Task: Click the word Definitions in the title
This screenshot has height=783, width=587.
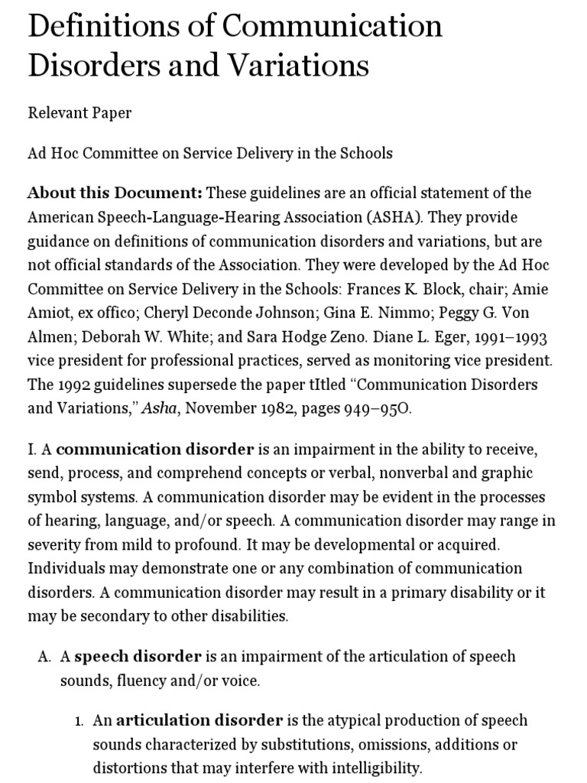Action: point(104,27)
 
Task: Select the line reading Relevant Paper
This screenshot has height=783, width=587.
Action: point(79,113)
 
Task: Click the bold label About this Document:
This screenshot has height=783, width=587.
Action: point(115,193)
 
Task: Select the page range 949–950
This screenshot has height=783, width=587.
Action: point(374,408)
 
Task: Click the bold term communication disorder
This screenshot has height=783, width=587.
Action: point(155,448)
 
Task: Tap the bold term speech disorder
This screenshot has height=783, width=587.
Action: point(138,657)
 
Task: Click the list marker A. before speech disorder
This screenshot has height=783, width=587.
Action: point(44,657)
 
